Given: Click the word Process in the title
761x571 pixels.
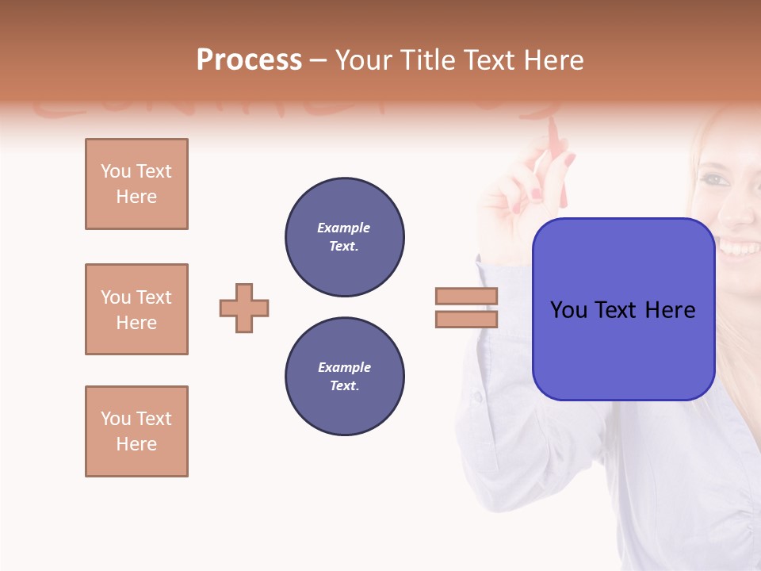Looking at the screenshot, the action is (x=249, y=60).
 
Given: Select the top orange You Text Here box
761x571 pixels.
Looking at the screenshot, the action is (x=136, y=184).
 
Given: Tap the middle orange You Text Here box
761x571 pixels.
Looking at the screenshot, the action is (x=136, y=309).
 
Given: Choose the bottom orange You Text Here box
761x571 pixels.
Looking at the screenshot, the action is (x=136, y=431).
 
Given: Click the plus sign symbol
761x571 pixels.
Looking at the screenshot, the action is (x=244, y=308).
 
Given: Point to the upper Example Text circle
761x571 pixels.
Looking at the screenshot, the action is (x=345, y=237).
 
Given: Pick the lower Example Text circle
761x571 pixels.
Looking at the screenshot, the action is (x=345, y=377).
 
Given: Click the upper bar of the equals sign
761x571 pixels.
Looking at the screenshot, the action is (x=467, y=296).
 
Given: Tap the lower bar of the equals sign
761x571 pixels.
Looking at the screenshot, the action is (x=467, y=319).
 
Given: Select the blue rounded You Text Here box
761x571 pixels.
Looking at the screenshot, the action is (x=623, y=309).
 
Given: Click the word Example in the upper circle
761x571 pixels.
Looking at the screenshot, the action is (x=344, y=228).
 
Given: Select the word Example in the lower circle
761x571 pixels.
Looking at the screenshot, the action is (x=344, y=368).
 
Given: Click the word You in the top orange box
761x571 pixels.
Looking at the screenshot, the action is (x=115, y=171).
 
